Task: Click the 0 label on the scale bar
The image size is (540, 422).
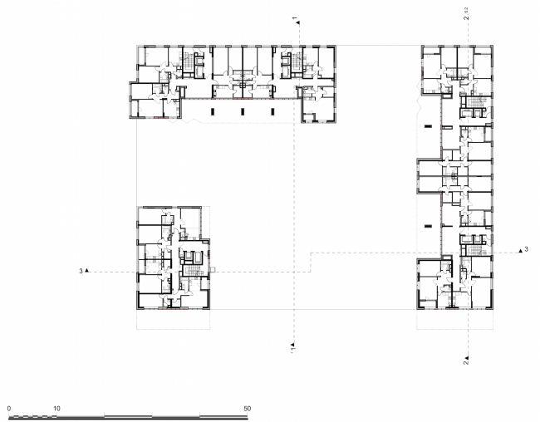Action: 8,409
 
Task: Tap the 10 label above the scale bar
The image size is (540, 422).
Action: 56,409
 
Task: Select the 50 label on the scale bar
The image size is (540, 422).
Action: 248,409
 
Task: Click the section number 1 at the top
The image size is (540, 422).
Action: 295,17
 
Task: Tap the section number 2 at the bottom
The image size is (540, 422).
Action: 466,361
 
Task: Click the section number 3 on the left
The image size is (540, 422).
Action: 81,271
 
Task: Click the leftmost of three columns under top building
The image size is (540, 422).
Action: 214,110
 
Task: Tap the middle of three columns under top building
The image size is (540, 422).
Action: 242,110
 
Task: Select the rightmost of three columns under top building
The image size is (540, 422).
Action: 269,110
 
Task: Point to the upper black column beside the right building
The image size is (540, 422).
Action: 428,126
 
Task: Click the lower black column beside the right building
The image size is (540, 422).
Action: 428,223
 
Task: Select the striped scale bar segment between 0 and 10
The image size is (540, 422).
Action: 32,415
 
